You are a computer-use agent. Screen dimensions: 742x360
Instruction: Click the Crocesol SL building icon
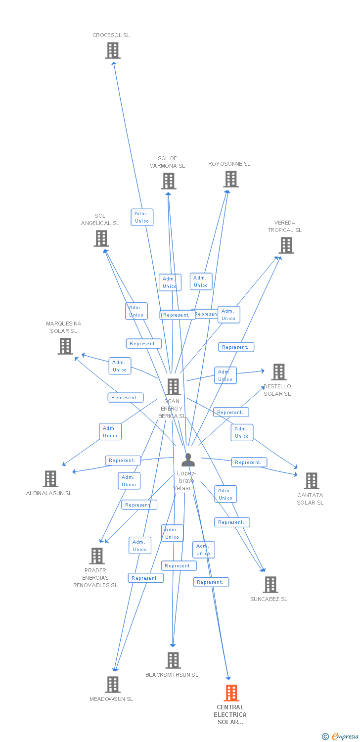click(113, 50)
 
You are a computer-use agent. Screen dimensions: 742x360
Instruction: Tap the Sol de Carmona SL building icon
click(169, 181)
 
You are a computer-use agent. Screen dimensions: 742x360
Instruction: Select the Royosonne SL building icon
click(231, 179)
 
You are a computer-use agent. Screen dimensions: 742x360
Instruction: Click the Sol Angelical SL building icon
click(101, 238)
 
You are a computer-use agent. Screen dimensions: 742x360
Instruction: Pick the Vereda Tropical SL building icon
click(286, 245)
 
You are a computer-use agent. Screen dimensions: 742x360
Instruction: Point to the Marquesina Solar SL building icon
click(65, 346)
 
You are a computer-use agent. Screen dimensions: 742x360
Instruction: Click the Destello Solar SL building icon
click(279, 372)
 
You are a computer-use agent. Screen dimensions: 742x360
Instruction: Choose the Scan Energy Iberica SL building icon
click(173, 387)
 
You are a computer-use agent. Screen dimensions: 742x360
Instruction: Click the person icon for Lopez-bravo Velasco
click(188, 460)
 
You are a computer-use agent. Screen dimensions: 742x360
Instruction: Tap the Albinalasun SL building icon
click(50, 479)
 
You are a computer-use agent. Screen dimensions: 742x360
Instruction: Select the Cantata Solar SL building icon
click(312, 481)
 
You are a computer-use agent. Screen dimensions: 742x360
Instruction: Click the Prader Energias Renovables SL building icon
click(97, 556)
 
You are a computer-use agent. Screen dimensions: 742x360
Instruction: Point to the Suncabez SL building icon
click(270, 585)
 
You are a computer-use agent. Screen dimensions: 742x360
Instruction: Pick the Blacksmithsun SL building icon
click(173, 660)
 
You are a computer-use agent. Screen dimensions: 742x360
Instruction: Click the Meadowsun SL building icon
click(113, 685)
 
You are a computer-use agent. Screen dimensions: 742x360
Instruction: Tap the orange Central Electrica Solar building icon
click(231, 693)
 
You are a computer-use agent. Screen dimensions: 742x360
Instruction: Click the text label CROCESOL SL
click(111, 36)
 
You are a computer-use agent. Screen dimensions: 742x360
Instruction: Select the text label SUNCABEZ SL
click(269, 600)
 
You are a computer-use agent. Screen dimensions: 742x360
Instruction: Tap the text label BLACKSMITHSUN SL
click(172, 675)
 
